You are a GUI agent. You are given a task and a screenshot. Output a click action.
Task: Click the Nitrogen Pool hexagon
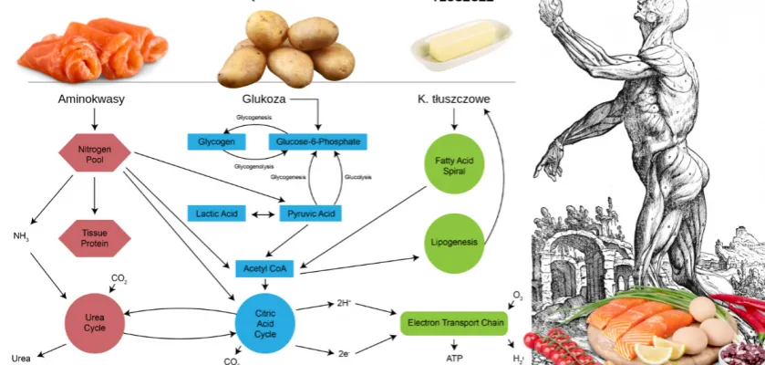94,153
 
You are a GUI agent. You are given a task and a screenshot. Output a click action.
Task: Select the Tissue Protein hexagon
94,238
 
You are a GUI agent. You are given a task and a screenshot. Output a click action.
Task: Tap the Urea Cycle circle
94,320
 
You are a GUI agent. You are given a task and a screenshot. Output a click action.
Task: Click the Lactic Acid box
217,214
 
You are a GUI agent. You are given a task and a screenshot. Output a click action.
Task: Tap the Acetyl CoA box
264,268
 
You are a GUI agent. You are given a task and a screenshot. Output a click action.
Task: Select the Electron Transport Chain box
452,322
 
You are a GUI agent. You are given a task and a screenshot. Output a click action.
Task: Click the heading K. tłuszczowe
452,99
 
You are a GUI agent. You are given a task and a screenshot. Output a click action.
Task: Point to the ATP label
454,359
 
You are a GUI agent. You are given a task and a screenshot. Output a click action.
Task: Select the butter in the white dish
459,42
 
